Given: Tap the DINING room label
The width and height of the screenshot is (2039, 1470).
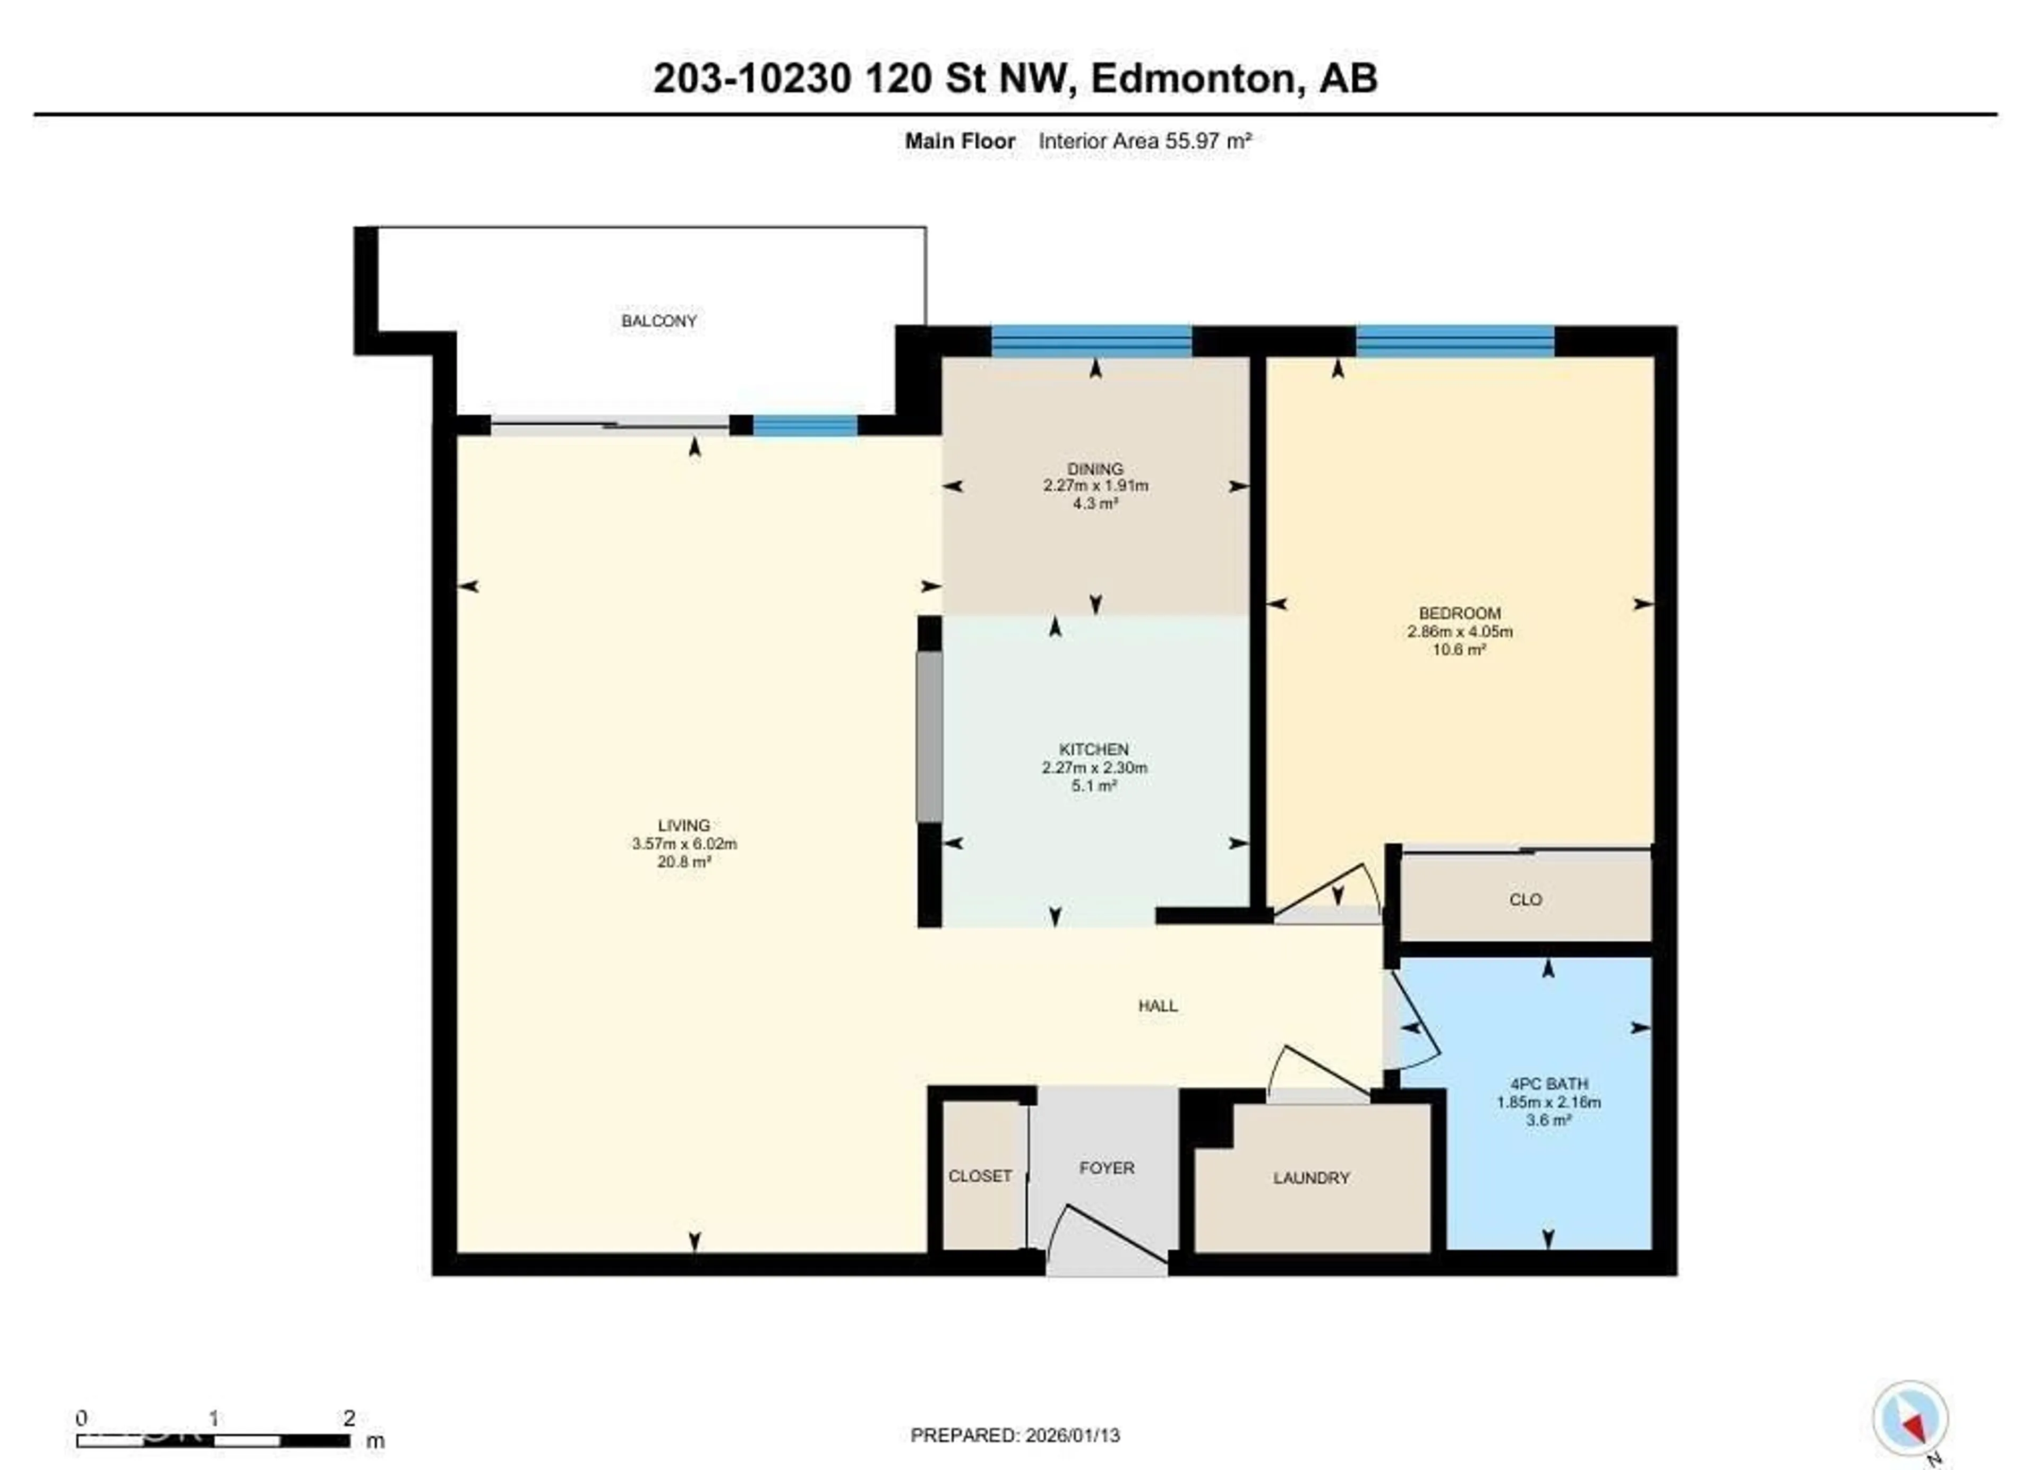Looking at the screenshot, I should click(1094, 468).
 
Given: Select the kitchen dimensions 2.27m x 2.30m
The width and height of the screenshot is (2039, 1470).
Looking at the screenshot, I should click(1094, 768).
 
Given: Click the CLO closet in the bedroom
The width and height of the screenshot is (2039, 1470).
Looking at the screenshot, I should click(1525, 899).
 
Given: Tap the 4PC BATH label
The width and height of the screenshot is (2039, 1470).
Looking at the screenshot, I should click(1548, 1084).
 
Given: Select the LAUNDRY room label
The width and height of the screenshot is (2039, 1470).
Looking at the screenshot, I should click(1311, 1178).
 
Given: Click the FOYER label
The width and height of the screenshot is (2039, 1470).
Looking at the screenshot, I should click(1106, 1168).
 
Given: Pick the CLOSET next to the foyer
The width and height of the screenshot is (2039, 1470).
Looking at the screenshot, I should click(980, 1176).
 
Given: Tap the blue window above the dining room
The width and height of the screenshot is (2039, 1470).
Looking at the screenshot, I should click(1091, 342).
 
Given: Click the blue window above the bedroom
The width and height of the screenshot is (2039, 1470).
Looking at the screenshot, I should click(1454, 342).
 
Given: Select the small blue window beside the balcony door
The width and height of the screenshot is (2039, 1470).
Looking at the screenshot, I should click(804, 426).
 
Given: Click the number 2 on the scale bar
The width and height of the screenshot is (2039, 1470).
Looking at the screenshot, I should click(349, 1418).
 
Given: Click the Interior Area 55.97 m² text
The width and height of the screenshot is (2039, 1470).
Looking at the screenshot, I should click(1144, 141).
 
